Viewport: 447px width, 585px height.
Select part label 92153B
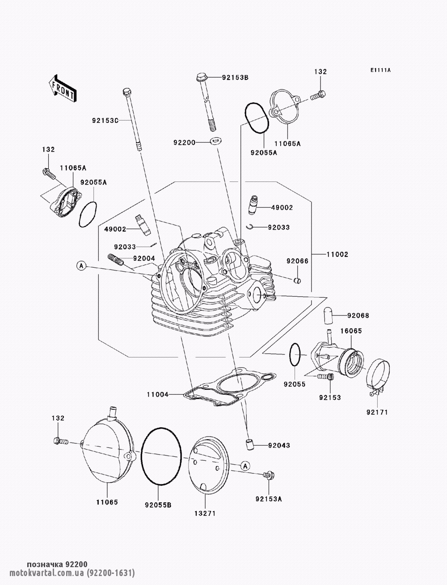(x=235, y=77)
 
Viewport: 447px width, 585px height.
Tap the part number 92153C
(x=105, y=120)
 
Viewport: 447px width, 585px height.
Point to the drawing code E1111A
(x=380, y=70)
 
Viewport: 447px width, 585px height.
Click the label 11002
(x=337, y=254)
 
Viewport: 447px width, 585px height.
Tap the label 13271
(x=205, y=513)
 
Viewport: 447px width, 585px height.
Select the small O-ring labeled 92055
(x=295, y=355)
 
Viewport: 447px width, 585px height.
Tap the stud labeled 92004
(x=116, y=259)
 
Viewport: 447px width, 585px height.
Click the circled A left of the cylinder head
(x=81, y=266)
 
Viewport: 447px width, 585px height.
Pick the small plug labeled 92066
(x=297, y=280)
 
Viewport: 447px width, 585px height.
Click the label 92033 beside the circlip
(x=278, y=227)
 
